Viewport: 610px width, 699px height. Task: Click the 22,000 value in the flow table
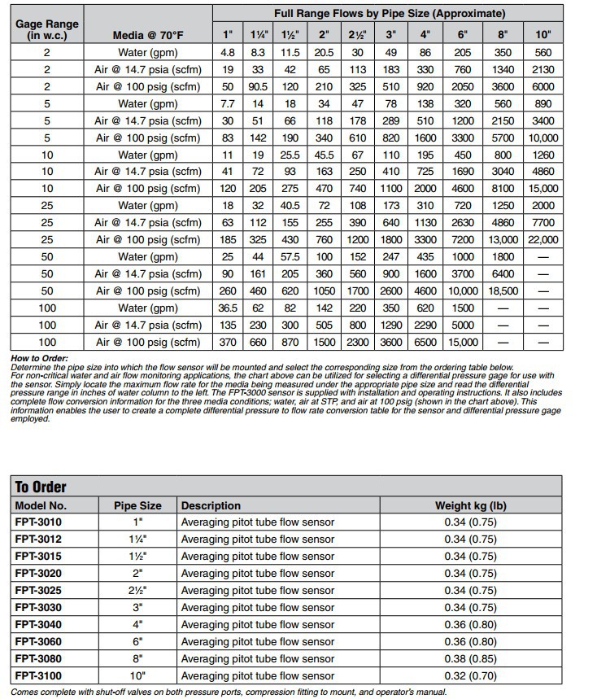(543, 240)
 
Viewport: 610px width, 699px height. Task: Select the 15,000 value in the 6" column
(464, 343)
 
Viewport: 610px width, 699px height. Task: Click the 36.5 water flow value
(229, 308)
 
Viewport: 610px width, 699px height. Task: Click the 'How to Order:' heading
(40, 359)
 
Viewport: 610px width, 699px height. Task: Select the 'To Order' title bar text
(41, 487)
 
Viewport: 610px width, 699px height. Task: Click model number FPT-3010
(38, 522)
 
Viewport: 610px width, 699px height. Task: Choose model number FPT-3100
(38, 676)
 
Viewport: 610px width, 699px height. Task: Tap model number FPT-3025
(38, 591)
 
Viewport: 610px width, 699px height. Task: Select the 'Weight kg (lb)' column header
(470, 505)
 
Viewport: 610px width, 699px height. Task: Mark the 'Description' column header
(211, 505)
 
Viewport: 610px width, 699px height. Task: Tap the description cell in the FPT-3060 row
(257, 642)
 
